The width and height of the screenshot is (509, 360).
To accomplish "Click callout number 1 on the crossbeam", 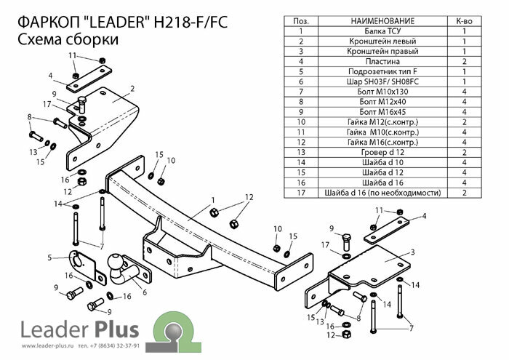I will click(x=212, y=199).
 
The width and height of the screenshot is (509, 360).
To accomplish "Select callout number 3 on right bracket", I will click(x=412, y=252).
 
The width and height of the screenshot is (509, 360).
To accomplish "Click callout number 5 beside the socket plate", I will click(x=49, y=257).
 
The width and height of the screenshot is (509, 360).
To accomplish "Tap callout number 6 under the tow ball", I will click(x=145, y=292).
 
